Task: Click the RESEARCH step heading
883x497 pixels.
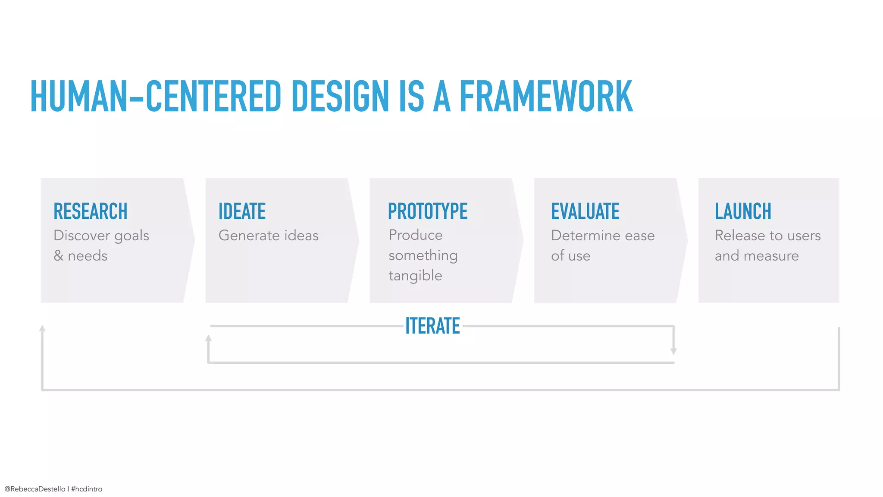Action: (91, 211)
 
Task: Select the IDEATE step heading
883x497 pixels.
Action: (242, 211)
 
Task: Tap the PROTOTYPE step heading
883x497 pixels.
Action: (428, 211)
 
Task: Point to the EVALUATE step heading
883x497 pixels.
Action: (585, 211)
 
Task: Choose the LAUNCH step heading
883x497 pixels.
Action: (743, 211)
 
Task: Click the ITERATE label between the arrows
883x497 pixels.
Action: (432, 326)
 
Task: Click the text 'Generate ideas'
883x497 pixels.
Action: (269, 236)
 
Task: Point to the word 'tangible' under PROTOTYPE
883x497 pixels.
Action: (415, 276)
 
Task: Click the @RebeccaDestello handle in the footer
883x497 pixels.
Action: (35, 489)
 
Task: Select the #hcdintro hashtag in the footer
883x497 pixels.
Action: (87, 489)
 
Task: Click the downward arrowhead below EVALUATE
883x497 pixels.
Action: (673, 351)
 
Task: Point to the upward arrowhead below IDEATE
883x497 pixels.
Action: (208, 338)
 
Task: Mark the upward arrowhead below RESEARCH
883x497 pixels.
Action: (42, 328)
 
